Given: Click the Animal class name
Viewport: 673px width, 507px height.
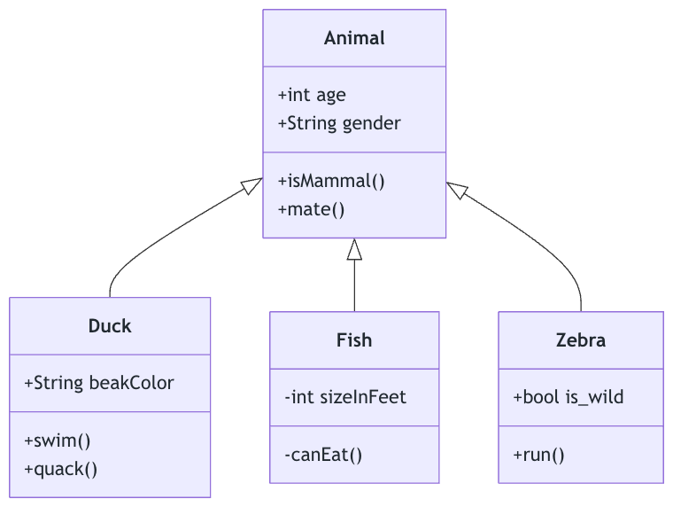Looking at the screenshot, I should (354, 38).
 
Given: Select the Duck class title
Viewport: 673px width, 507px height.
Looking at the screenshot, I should (110, 326).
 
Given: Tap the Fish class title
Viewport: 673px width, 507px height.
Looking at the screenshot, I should (354, 340).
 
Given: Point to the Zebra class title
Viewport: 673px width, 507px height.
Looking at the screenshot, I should (581, 340).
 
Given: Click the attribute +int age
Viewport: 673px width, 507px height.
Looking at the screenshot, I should (312, 95).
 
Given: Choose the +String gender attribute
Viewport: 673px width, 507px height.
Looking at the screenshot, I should (339, 123).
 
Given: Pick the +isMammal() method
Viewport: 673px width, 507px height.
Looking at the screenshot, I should (331, 181).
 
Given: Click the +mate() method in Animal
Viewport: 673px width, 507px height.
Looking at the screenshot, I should (311, 209).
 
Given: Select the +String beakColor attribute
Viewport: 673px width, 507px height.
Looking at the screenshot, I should (99, 383).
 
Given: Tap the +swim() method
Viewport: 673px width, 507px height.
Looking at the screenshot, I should (58, 441).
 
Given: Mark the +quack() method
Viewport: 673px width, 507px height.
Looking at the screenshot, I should (61, 469).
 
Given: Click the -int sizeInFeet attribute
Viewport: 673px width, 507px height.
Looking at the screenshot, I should (345, 397).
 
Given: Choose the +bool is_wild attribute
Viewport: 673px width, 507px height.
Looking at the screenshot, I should (568, 397).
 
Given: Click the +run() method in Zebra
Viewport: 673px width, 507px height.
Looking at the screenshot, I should (538, 455).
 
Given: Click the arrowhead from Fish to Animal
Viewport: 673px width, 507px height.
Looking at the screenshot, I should (354, 249).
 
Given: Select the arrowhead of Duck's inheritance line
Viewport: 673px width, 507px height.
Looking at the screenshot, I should (253, 183).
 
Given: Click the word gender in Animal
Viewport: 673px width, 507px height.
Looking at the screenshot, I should (371, 123).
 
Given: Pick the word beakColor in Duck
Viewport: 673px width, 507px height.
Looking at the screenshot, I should (131, 383).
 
